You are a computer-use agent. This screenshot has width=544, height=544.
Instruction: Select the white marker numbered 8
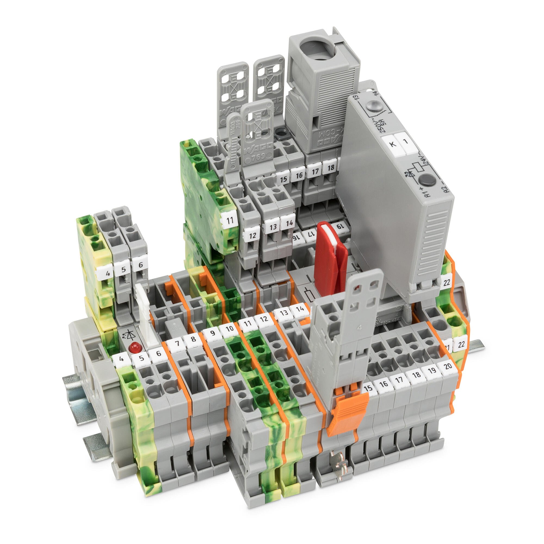coord(193,338)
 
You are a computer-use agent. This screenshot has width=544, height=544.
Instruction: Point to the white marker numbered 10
coord(230,328)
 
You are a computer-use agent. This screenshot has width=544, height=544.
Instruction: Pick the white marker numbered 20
coord(448,366)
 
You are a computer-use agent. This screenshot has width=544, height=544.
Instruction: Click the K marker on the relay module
coord(392,144)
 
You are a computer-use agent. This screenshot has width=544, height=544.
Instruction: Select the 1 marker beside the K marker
coord(406,141)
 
